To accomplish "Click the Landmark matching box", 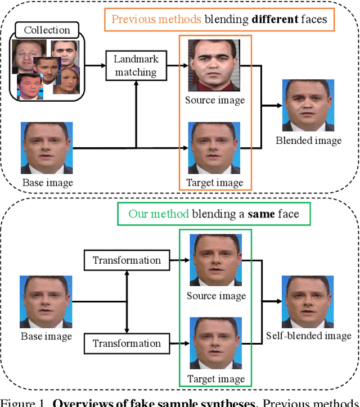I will tap(136, 66).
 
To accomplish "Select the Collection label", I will tap(47, 30).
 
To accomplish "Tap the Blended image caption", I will tap(308, 141).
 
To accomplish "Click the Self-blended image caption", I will tap(309, 336).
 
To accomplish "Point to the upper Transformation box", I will tap(127, 260).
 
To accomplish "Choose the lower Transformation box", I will tap(127, 343).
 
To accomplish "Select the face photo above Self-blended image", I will tap(308, 301).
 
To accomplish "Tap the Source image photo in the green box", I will tap(215, 260).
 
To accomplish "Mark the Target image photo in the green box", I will tap(215, 343).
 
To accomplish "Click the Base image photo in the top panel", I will tap(47, 147).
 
